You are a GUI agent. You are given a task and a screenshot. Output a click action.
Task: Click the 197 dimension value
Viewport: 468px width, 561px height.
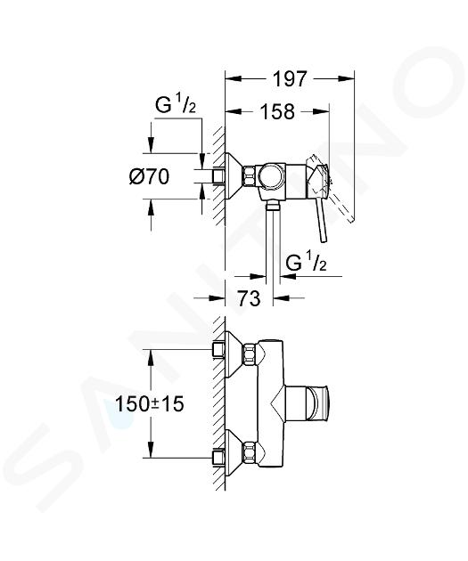(290, 78)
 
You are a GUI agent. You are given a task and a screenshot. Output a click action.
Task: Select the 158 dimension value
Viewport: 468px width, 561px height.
(277, 111)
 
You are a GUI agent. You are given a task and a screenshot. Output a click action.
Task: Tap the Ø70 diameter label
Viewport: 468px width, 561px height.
(149, 176)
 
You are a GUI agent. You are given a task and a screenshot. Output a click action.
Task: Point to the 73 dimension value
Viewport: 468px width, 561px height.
(249, 297)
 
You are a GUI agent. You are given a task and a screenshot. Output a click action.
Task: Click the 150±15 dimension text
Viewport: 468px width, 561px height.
(150, 404)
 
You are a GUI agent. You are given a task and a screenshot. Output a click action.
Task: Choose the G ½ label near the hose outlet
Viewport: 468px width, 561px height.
(306, 263)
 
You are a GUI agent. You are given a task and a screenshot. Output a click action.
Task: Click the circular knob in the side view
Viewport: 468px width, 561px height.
(271, 176)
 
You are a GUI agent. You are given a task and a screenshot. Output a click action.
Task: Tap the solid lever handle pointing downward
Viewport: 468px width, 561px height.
(321, 221)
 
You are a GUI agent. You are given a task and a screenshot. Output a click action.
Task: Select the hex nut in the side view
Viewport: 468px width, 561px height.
(250, 176)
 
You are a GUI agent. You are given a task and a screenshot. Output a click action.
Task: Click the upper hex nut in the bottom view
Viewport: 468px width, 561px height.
(250, 354)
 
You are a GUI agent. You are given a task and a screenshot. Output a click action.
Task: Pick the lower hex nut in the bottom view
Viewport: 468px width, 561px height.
(250, 452)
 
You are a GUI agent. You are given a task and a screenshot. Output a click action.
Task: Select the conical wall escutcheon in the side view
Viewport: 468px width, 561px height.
(234, 176)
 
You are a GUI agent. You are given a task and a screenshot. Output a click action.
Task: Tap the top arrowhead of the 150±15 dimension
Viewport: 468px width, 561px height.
(151, 357)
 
